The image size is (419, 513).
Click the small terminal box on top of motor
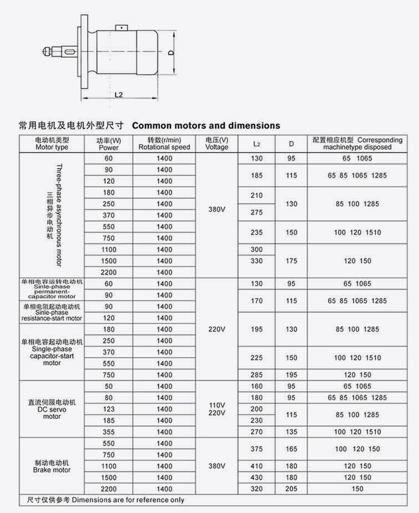(x=122, y=26)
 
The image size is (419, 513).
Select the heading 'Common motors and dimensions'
(x=205, y=126)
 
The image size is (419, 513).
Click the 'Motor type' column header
(x=52, y=144)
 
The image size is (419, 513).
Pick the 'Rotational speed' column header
(x=164, y=144)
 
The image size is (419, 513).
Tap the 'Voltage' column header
(x=216, y=144)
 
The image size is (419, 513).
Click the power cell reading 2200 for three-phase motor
(x=108, y=272)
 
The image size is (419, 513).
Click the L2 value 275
(x=257, y=212)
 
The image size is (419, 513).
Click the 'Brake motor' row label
(x=52, y=466)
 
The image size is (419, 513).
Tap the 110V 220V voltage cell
(x=216, y=409)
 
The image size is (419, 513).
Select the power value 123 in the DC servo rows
(x=108, y=408)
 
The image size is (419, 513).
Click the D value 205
(x=292, y=488)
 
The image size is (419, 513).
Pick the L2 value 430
(x=257, y=477)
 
